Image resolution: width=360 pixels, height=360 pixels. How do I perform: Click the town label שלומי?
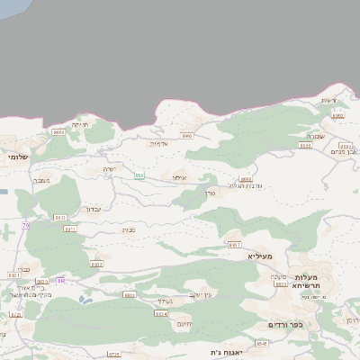[x=17, y=157]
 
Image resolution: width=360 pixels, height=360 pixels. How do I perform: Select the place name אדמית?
[x=159, y=144]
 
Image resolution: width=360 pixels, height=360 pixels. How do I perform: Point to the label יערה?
[x=110, y=169]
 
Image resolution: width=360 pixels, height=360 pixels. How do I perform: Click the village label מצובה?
[x=41, y=181]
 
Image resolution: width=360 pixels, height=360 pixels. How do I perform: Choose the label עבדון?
[x=93, y=209]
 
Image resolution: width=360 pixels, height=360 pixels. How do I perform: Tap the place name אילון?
[x=179, y=178]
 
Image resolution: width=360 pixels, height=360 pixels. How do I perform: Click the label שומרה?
[x=340, y=136]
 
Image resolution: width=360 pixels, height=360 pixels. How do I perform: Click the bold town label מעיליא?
[x=259, y=256]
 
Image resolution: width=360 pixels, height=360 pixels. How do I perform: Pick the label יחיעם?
[x=184, y=324]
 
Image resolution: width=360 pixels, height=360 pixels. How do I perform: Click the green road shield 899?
[x=139, y=175]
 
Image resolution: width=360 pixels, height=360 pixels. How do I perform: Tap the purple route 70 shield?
[x=26, y=224]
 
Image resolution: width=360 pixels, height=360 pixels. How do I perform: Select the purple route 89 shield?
[x=60, y=281]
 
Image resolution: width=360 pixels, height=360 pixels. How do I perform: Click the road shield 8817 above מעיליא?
[x=235, y=244]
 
